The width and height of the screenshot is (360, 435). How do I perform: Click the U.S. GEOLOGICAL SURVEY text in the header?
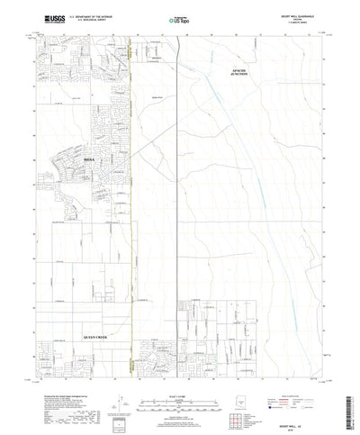click(x=76, y=20)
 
